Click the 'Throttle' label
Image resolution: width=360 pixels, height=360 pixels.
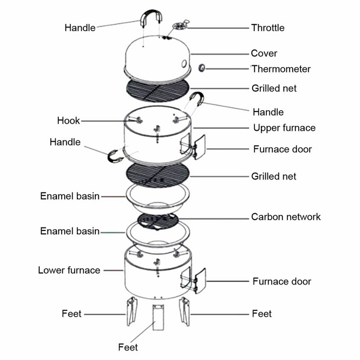[x=268, y=28]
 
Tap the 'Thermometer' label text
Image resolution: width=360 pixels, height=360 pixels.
[x=281, y=69]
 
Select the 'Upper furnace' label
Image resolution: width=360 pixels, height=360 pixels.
[x=284, y=128]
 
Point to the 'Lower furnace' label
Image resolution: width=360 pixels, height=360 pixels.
[x=69, y=270]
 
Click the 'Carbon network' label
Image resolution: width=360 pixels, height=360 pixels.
[x=286, y=217]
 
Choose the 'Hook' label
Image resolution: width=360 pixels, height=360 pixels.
[x=68, y=121]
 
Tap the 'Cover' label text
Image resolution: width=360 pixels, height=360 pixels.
[x=264, y=53]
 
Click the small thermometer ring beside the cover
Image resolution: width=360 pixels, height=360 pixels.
[x=202, y=68]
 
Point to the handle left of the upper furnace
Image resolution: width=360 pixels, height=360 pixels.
[x=113, y=157]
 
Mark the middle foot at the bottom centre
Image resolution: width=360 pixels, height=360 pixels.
[x=158, y=318]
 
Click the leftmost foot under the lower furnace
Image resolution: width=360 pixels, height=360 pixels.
[x=130, y=312]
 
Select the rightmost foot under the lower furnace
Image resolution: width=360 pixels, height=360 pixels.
[x=185, y=312]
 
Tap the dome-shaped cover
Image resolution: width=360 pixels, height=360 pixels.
[x=157, y=57]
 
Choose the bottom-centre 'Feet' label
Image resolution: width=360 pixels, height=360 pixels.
[x=127, y=347]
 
